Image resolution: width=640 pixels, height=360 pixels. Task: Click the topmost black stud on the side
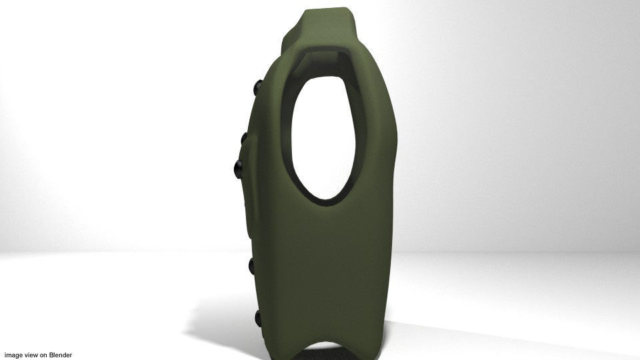click(x=257, y=87)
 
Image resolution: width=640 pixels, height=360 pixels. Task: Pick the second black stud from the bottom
click(x=253, y=266)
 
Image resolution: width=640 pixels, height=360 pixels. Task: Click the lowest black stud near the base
click(x=258, y=319)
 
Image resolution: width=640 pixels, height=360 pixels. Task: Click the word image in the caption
click(x=13, y=355)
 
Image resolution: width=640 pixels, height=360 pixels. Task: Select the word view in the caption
click(x=32, y=355)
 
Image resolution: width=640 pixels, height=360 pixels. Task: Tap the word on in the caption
click(x=44, y=355)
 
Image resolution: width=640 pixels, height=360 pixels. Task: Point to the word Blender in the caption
click(x=61, y=355)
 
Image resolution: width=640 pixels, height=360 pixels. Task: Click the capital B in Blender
click(x=52, y=355)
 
